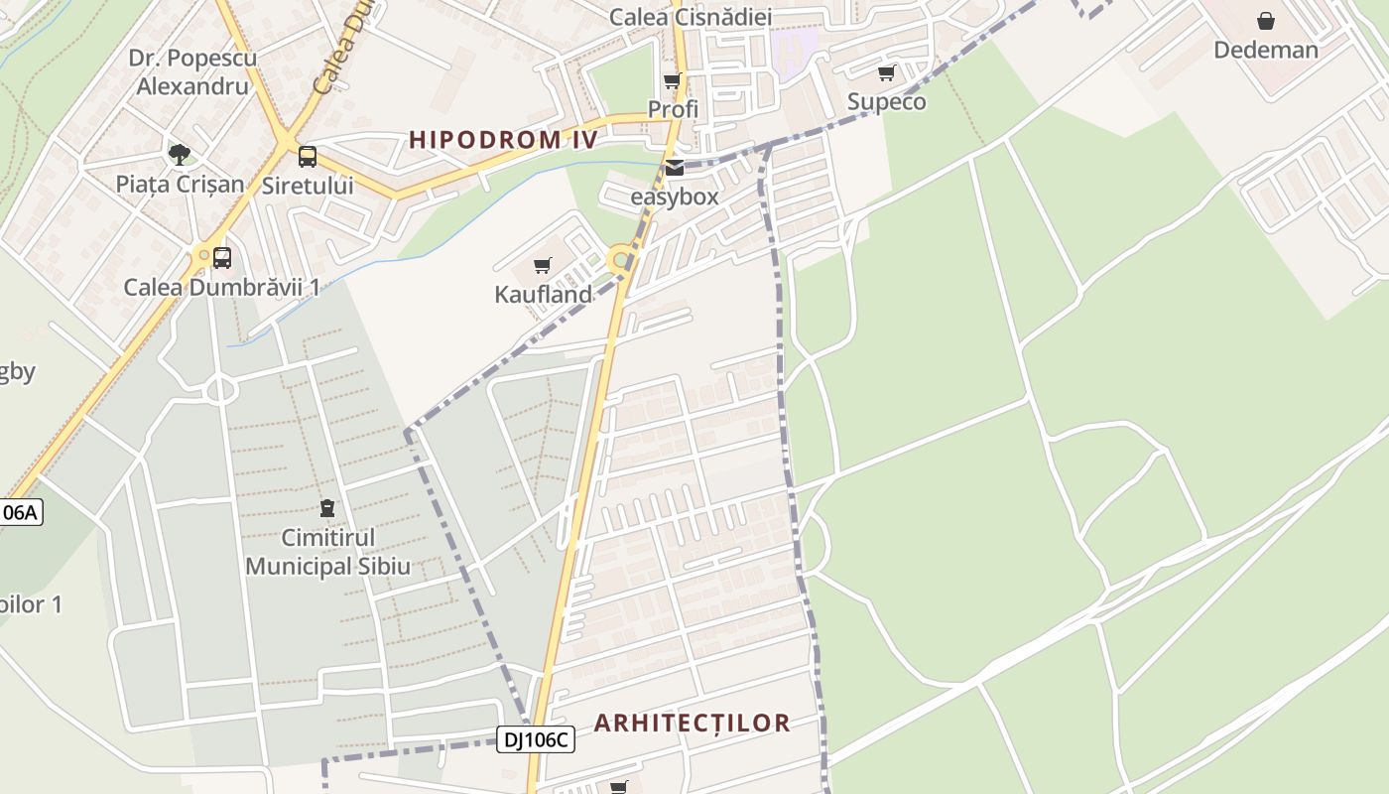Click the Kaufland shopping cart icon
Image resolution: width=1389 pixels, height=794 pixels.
click(x=542, y=265)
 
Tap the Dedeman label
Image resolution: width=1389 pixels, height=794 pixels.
click(x=1266, y=50)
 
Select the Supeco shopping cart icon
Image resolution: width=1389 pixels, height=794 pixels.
click(x=886, y=72)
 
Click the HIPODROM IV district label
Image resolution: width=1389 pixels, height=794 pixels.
click(x=504, y=139)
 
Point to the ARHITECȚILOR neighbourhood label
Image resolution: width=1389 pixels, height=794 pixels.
click(x=692, y=723)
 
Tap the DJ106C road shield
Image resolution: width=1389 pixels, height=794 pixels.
click(x=536, y=738)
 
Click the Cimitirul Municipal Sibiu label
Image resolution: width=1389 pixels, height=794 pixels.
click(x=327, y=552)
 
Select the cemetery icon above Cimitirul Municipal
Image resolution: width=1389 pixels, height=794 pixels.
click(x=327, y=508)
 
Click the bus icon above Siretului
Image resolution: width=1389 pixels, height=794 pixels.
click(x=308, y=156)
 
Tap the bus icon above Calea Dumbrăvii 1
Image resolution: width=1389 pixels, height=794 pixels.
click(x=222, y=258)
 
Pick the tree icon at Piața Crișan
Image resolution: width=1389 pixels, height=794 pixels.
click(x=180, y=154)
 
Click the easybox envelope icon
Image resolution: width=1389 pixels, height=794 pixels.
click(x=675, y=168)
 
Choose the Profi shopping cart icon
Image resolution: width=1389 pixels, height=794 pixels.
click(x=673, y=80)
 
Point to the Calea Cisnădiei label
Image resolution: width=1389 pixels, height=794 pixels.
click(x=691, y=17)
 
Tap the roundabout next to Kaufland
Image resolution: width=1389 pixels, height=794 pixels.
click(x=621, y=260)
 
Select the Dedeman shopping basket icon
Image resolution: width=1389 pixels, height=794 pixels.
click(x=1266, y=21)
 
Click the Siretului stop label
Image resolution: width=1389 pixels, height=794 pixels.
click(x=308, y=186)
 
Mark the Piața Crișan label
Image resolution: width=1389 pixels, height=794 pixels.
click(x=180, y=184)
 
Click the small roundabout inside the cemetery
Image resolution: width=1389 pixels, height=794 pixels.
click(x=219, y=390)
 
